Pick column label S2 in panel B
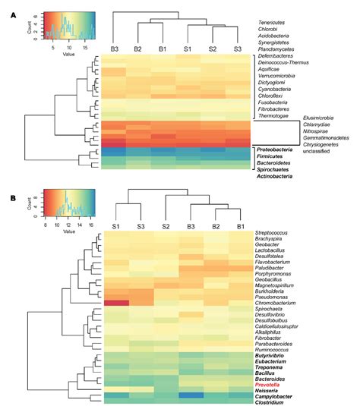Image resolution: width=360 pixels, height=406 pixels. (x=165, y=227)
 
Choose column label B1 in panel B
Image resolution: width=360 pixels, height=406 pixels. (x=241, y=227)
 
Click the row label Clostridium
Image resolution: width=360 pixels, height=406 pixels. (x=275, y=402)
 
